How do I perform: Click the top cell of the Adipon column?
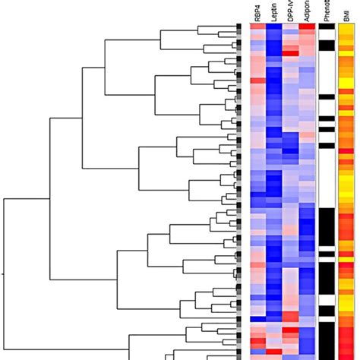coord(307,28)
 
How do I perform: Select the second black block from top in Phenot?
coord(326,46)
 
